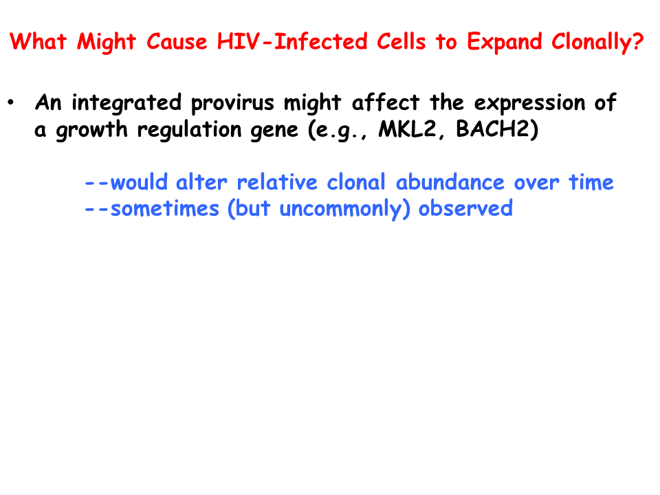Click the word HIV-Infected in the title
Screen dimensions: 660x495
(292, 42)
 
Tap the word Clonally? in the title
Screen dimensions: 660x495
(597, 43)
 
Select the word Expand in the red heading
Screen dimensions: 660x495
(504, 43)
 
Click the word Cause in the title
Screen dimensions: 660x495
(177, 42)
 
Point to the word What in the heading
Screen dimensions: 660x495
(38, 42)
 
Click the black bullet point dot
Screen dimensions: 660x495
(11, 102)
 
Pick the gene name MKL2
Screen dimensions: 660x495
(407, 129)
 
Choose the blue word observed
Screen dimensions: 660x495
(465, 208)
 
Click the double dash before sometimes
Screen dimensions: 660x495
(96, 209)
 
